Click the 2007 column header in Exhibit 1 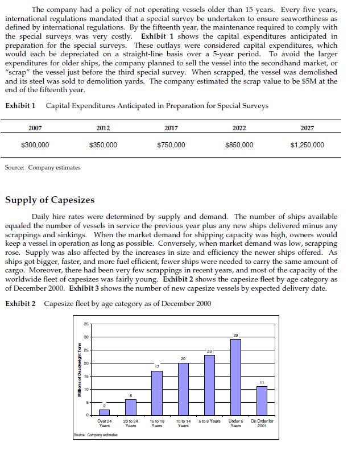(35, 128)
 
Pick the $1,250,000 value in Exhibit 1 (307, 145)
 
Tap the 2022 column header (239, 128)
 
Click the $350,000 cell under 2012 (104, 145)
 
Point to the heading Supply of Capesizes (50, 200)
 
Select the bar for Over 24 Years (104, 412)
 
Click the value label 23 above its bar (209, 352)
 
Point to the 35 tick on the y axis (87, 324)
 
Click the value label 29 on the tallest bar (235, 336)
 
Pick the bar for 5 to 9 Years (209, 385)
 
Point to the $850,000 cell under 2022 (239, 145)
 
